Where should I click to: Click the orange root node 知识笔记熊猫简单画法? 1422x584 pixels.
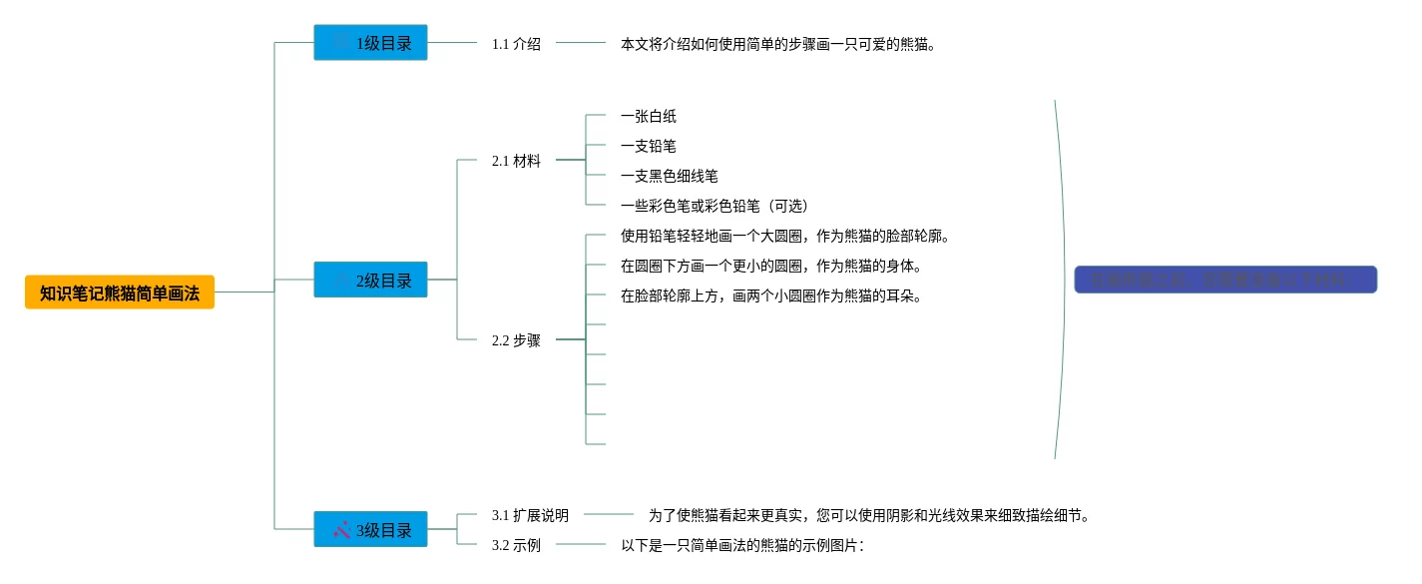pyautogui.click(x=120, y=292)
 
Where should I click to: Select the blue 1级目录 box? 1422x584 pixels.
pyautogui.click(x=370, y=43)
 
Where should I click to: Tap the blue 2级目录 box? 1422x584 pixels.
pyautogui.click(x=370, y=280)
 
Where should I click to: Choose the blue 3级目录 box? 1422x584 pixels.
pyautogui.click(x=370, y=529)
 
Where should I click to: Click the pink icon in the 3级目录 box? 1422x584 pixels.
pyautogui.click(x=342, y=529)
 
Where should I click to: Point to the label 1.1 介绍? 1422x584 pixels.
pyautogui.click(x=516, y=44)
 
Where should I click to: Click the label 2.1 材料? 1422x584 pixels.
pyautogui.click(x=516, y=161)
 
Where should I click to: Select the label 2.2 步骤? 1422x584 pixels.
pyautogui.click(x=516, y=340)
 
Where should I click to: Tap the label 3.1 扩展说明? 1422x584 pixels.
pyautogui.click(x=530, y=516)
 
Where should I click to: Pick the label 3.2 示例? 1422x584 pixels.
pyautogui.click(x=516, y=546)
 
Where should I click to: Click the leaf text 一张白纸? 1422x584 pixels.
pyautogui.click(x=649, y=117)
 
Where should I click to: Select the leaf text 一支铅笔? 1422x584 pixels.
pyautogui.click(x=649, y=147)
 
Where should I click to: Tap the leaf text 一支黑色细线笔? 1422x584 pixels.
pyautogui.click(x=670, y=177)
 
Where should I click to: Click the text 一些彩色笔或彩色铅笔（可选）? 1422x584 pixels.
pyautogui.click(x=714, y=207)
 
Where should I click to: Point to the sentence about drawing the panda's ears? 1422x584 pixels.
pyautogui.click(x=770, y=296)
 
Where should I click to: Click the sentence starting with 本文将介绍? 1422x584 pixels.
pyautogui.click(x=778, y=44)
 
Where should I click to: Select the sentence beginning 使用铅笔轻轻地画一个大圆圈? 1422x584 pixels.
pyautogui.click(x=784, y=237)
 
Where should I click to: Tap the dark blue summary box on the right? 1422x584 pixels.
pyautogui.click(x=1225, y=280)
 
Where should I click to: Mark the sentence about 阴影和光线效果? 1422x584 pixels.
pyautogui.click(x=868, y=516)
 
